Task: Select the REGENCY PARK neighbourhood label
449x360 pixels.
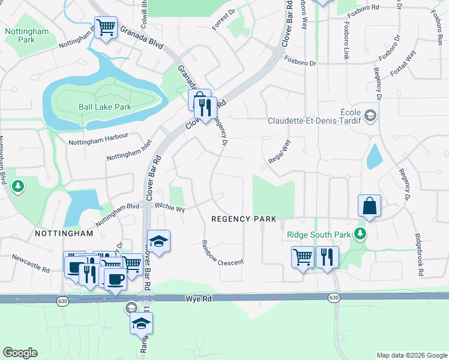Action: click(x=243, y=219)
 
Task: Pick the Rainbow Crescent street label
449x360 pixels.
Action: click(x=221, y=253)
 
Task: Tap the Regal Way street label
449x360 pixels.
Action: click(x=280, y=152)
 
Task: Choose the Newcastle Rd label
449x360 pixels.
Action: click(x=30, y=262)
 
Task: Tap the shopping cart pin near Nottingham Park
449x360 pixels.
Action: click(x=106, y=27)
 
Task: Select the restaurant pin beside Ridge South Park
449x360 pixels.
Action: click(x=327, y=257)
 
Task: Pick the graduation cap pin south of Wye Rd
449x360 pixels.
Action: click(x=141, y=323)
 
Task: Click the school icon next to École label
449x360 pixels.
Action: click(x=370, y=115)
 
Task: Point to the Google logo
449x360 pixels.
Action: click(x=20, y=353)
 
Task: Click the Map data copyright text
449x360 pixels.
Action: click(x=411, y=355)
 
